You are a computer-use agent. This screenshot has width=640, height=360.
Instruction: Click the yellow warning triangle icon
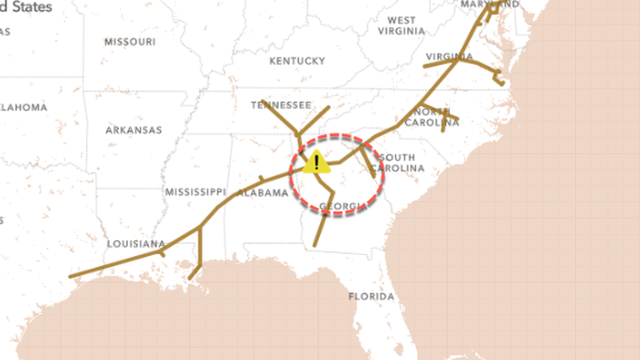coord(316,163)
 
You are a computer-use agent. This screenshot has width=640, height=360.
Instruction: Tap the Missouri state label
coord(129,42)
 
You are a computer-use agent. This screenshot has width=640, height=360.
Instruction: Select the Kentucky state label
coord(296,61)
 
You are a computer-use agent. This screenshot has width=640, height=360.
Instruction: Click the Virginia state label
coord(449,57)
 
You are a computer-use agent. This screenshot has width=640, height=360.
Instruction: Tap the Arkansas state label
coord(133,130)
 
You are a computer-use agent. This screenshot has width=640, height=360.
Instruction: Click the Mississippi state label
coord(195,192)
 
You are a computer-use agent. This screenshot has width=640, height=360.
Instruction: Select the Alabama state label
coord(262,193)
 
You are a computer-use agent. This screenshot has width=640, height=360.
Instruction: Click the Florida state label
coord(371,297)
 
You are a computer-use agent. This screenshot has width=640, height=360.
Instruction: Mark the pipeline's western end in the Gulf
coord(70,275)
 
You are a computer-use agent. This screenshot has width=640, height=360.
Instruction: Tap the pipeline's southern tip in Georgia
coord(315,245)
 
